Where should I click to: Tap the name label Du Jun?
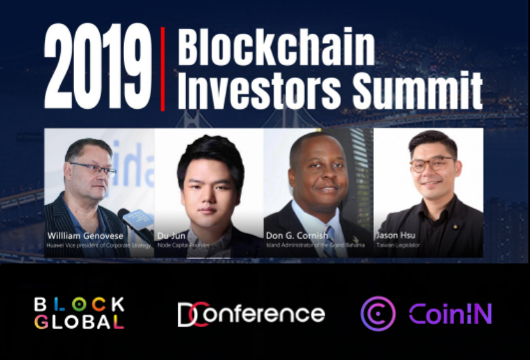pos(171,235)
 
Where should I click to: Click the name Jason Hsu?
pos(396,235)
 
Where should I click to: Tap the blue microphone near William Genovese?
pos(136,220)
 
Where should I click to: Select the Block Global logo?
pos(79,313)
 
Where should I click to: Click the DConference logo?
pos(251,314)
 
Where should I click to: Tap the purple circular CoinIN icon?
pos(378,313)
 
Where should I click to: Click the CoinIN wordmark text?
pos(450,314)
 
